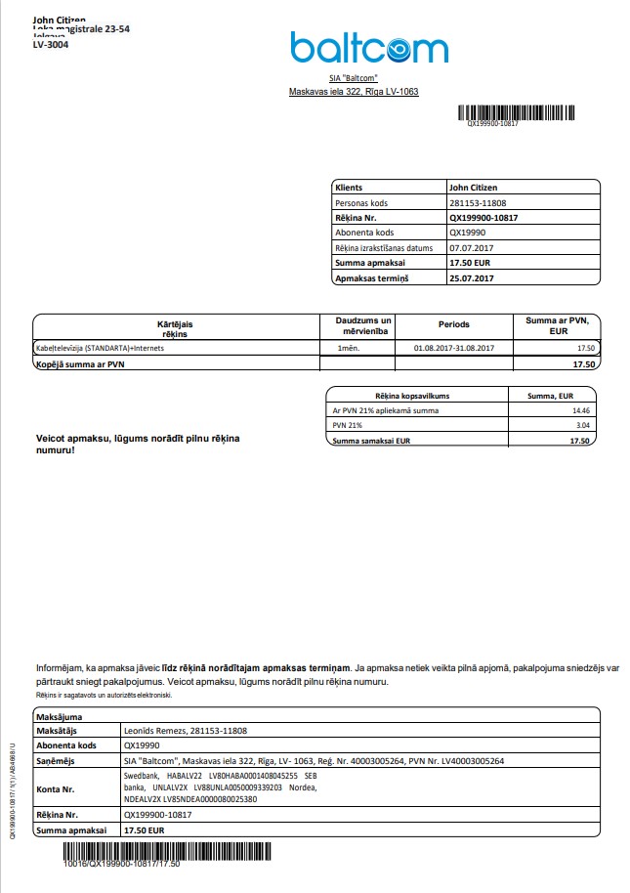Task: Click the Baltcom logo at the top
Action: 368,47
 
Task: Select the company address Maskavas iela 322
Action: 353,92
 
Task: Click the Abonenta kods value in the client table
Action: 468,233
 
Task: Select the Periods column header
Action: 453,324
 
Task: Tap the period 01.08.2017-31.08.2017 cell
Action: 454,348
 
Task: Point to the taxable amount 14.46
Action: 581,410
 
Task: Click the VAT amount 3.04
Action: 582,426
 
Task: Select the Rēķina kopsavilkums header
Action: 417,395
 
